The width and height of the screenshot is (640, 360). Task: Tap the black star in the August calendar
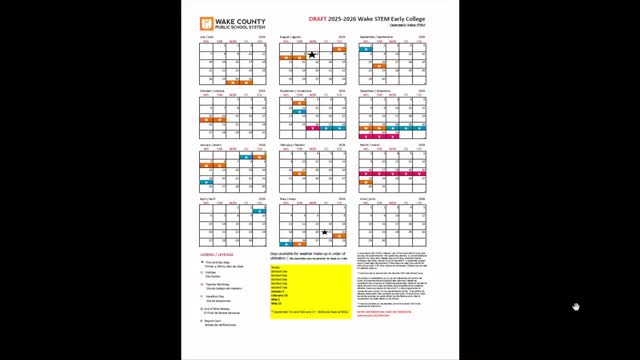[312, 55]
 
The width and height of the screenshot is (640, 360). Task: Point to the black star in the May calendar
[324, 232]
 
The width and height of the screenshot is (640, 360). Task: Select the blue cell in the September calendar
[421, 47]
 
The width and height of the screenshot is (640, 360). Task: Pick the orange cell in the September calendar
[380, 65]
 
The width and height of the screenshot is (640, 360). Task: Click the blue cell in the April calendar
[259, 212]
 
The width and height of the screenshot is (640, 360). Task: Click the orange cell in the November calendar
[299, 103]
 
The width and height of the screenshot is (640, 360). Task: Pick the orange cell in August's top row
[340, 47]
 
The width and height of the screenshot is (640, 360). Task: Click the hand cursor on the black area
[576, 307]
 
